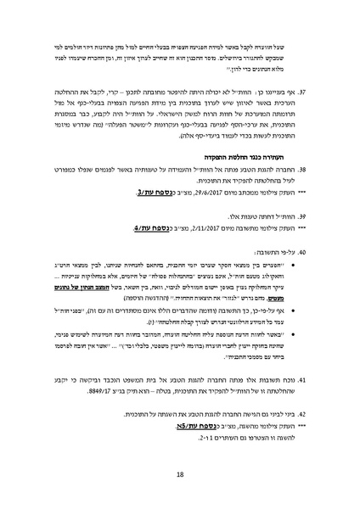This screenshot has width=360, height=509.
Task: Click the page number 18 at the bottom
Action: (x=180, y=476)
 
